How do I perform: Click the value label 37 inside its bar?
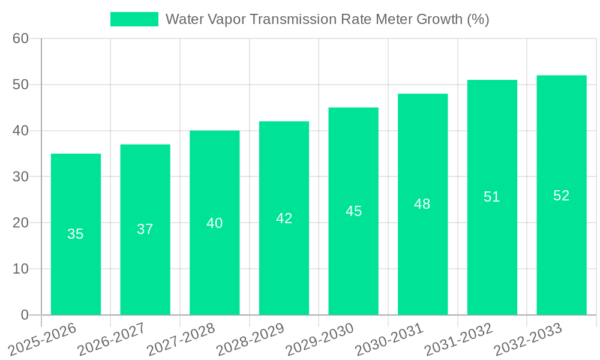pos(145,229)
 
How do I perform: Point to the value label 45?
pos(353,211)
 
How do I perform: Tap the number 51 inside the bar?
pos(492,197)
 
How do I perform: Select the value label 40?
pos(215,223)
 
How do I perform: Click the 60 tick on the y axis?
pos(21,38)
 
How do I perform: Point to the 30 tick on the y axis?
pos(21,176)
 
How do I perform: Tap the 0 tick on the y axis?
pos(25,315)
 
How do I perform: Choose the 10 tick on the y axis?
pos(21,269)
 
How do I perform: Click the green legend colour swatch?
pos(134,19)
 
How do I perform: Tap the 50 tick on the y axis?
pos(21,85)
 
